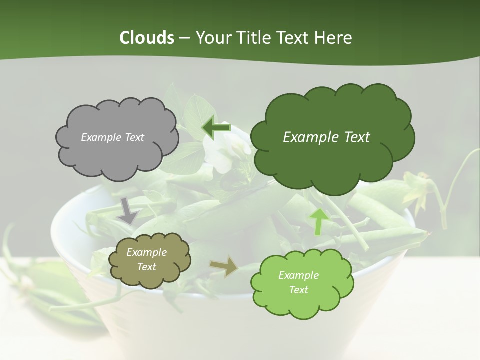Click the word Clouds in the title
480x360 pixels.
click(146, 38)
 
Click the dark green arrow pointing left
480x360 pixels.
click(216, 128)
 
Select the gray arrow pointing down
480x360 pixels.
click(128, 210)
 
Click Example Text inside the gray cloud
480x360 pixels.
click(112, 137)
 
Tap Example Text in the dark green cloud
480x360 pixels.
click(326, 137)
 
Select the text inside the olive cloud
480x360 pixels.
click(146, 260)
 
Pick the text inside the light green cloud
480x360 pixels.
click(298, 282)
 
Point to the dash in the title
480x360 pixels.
click(184, 38)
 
